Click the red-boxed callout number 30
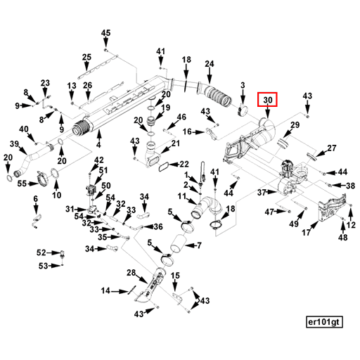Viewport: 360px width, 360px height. [x=267, y=101]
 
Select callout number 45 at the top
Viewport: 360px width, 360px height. [x=105, y=33]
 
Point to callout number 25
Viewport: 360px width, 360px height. [x=86, y=57]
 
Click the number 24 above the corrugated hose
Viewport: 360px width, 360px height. [x=209, y=65]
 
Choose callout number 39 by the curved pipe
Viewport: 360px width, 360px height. [x=13, y=144]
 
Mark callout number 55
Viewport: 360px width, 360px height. [x=22, y=184]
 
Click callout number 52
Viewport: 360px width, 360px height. [x=41, y=252]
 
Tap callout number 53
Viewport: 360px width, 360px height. [x=42, y=265]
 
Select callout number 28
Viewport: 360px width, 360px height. [x=131, y=273]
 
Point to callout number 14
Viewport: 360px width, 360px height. [x=105, y=290]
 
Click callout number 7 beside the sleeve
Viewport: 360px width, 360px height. [x=198, y=245]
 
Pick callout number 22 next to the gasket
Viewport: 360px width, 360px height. [x=184, y=165]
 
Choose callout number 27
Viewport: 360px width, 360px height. [x=332, y=148]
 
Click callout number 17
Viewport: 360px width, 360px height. [x=307, y=233]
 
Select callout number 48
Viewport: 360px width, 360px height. [x=342, y=238]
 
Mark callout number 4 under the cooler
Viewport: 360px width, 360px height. [x=98, y=145]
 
